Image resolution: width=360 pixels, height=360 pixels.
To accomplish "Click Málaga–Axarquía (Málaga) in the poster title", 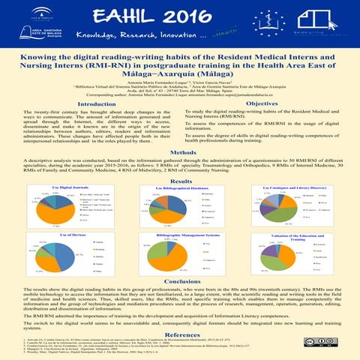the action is click(179, 76).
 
